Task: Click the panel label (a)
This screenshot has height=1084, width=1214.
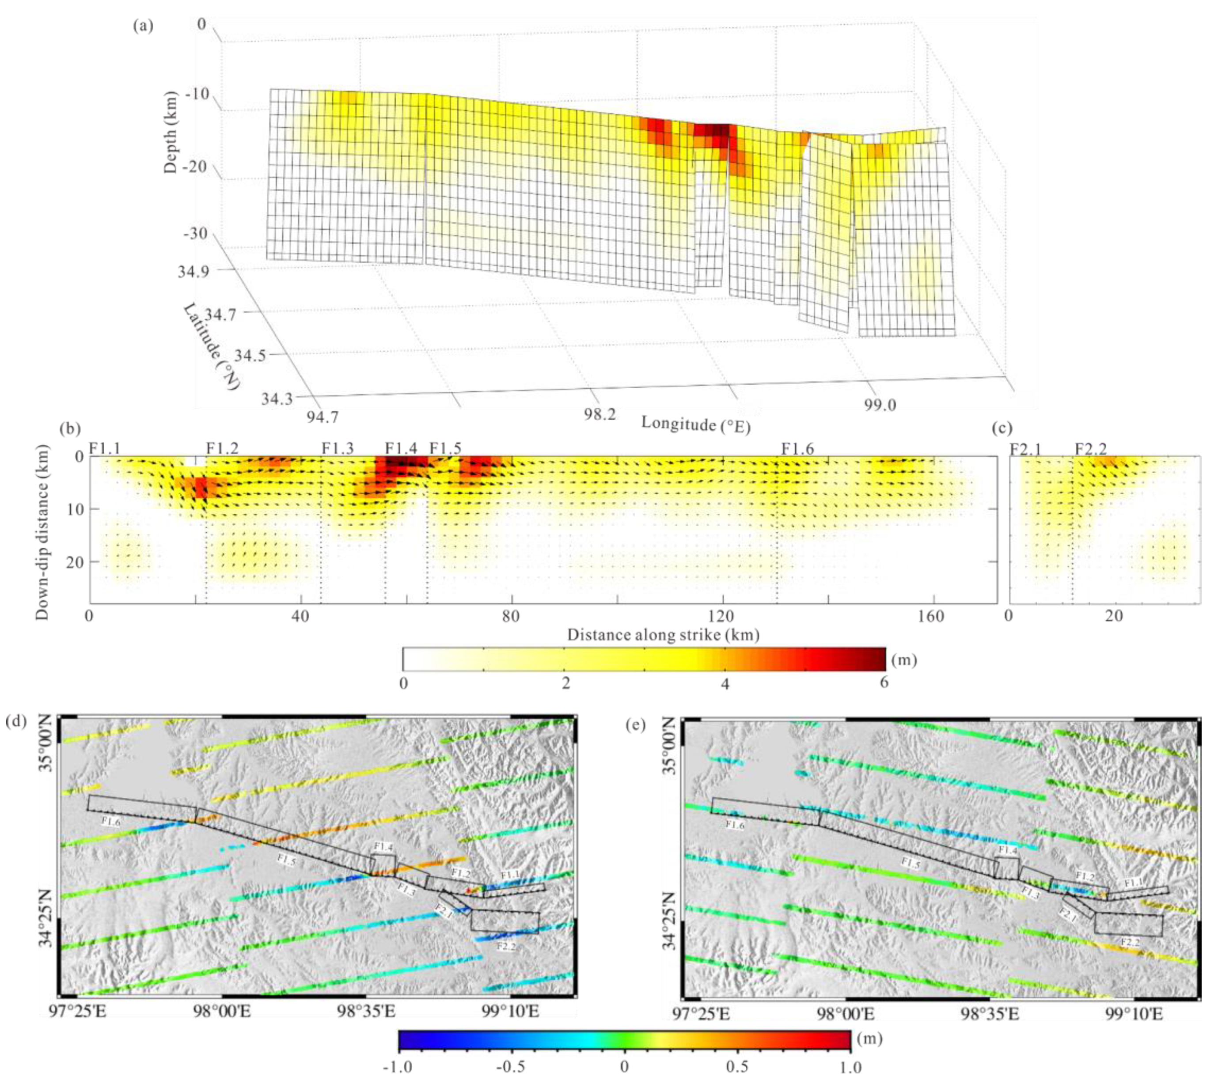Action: click(144, 26)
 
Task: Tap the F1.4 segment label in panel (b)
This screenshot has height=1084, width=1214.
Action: click(401, 448)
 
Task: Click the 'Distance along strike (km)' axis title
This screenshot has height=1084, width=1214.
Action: click(663, 635)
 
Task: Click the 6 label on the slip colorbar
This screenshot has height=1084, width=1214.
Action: click(884, 682)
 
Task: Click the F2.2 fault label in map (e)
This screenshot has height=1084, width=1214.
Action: click(1130, 943)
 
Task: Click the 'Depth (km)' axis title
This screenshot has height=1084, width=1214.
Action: click(171, 132)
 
